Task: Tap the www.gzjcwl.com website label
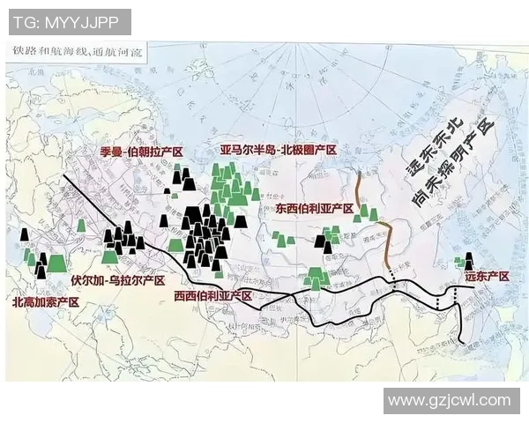(x=449, y=400)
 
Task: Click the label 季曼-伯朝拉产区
(x=141, y=152)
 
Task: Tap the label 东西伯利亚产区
(x=313, y=210)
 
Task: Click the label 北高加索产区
(x=46, y=301)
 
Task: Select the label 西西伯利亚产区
(x=213, y=295)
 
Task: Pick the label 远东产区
(x=486, y=277)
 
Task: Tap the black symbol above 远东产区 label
(x=468, y=261)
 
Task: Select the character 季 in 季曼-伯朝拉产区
(x=106, y=152)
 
